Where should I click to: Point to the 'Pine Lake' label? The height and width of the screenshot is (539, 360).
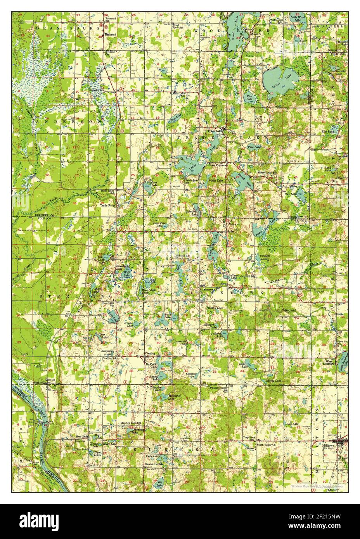point(254,148)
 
